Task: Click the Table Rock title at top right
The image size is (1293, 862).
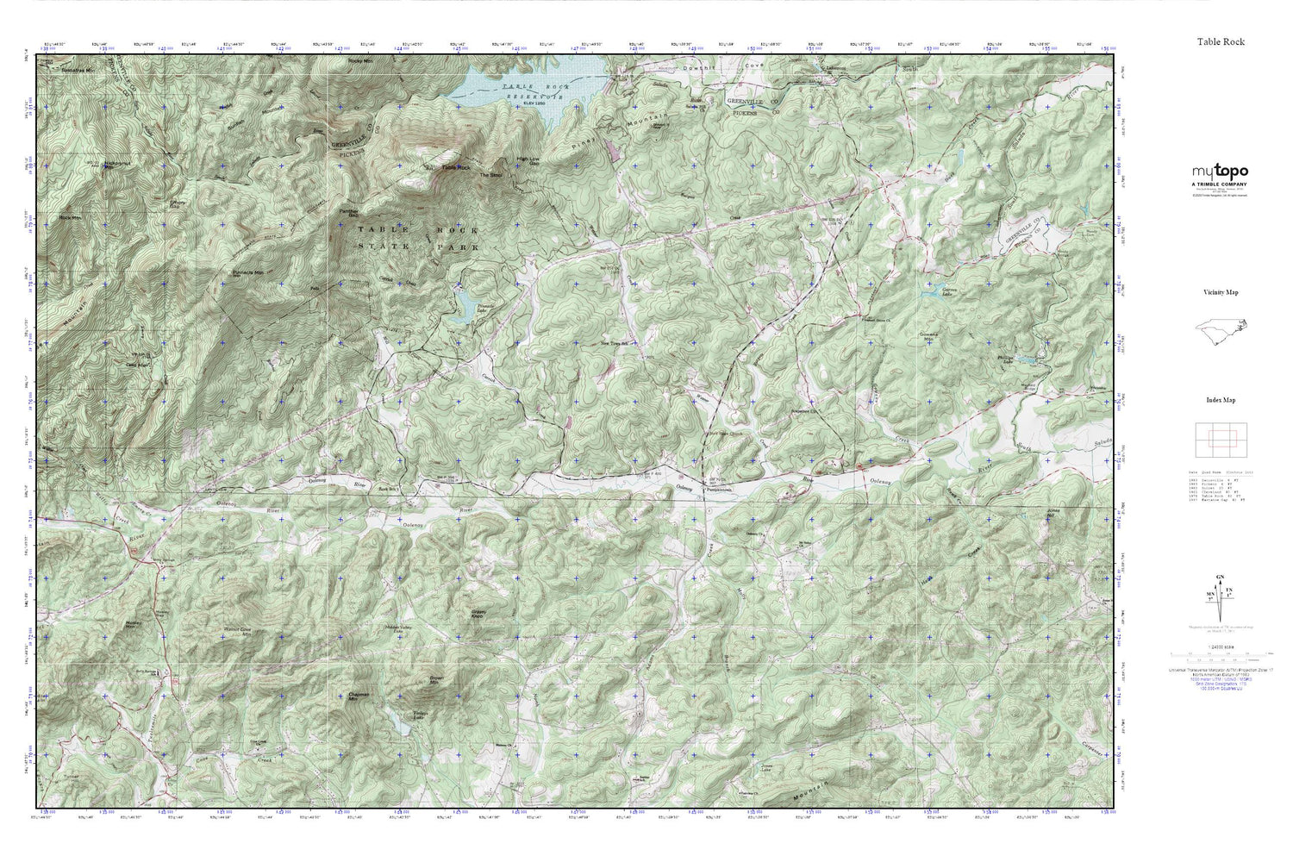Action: coord(1220,41)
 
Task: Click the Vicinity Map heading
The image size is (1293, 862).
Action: coord(1221,293)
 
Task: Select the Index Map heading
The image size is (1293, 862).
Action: coord(1221,400)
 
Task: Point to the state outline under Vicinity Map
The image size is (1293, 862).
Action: coord(1219,331)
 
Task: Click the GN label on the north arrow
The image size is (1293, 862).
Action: coord(1219,577)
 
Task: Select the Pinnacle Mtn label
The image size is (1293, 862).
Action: coord(248,273)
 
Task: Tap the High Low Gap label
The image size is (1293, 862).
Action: coord(528,160)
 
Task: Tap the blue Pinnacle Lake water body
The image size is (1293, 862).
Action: coord(463,305)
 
